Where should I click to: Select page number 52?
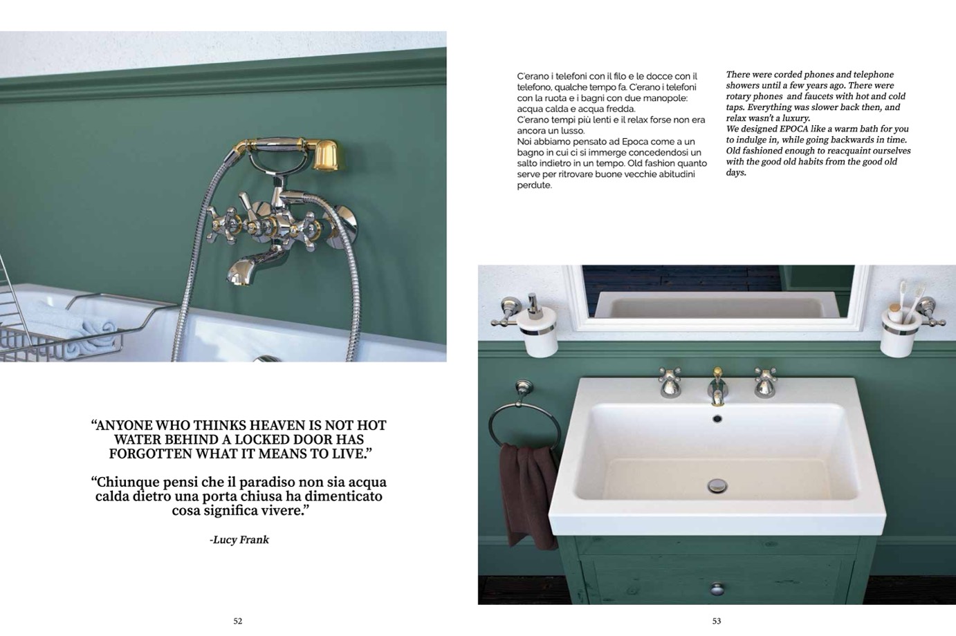pos(238,621)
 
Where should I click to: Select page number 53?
pos(717,621)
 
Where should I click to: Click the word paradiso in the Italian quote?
pos(266,482)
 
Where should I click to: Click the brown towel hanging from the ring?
pos(529,495)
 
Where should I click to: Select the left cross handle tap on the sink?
pos(670,382)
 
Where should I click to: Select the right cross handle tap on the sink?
pos(765,382)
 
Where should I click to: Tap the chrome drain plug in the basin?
pos(717,485)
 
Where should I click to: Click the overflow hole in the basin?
pos(717,419)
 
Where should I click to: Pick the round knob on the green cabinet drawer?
pos(717,589)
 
